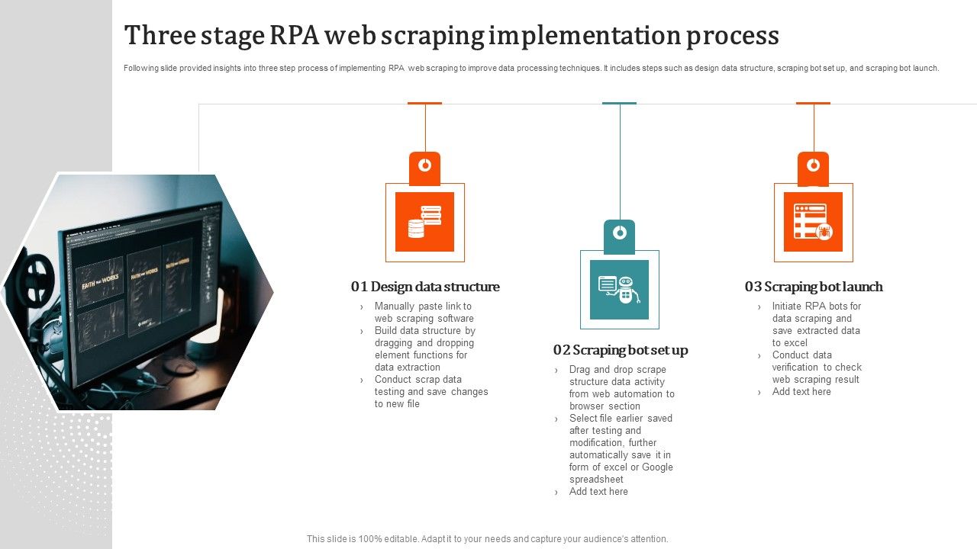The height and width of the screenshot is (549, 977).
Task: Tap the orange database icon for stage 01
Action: (424, 222)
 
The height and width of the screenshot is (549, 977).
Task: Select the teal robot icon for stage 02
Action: (619, 290)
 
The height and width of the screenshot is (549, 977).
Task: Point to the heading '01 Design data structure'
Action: (425, 287)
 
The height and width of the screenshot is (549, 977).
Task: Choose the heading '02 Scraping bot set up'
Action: (621, 350)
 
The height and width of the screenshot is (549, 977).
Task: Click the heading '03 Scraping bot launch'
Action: (814, 287)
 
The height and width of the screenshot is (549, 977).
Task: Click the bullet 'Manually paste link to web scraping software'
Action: (424, 313)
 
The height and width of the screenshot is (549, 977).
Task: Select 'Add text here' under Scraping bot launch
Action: (801, 392)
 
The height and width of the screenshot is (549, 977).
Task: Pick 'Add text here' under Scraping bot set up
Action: (598, 492)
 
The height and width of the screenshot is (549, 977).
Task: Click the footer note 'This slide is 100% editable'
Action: (487, 539)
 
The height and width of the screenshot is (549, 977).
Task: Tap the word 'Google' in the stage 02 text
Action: (657, 467)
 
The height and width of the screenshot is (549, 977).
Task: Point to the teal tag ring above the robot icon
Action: (620, 232)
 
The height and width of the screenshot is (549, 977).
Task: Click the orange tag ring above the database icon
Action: (425, 165)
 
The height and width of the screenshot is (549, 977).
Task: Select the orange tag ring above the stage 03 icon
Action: (814, 165)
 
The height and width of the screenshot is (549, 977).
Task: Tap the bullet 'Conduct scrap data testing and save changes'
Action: (430, 392)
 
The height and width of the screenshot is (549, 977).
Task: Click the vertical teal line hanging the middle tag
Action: (620, 160)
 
